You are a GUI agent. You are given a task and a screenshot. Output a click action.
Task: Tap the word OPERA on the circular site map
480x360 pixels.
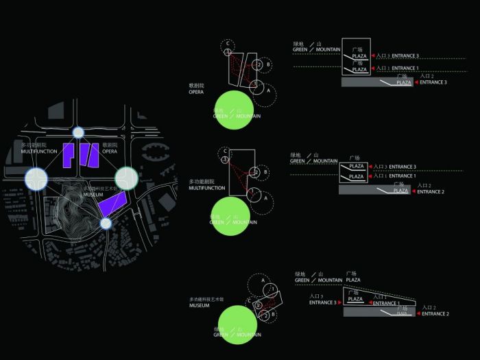click(x=110, y=151)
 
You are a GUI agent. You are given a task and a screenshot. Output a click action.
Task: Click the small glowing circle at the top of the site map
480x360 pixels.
click(x=78, y=132)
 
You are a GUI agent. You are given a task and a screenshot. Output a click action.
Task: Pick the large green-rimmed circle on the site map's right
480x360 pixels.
click(x=126, y=177)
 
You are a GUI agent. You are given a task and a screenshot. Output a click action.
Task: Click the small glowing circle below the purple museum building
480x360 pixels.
click(x=105, y=223)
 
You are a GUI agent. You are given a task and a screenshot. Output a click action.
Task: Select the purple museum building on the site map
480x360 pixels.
click(x=111, y=204)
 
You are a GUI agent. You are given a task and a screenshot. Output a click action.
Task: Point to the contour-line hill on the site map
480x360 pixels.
click(x=72, y=206)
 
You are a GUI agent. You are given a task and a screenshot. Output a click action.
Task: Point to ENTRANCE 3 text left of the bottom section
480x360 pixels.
click(x=322, y=302)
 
